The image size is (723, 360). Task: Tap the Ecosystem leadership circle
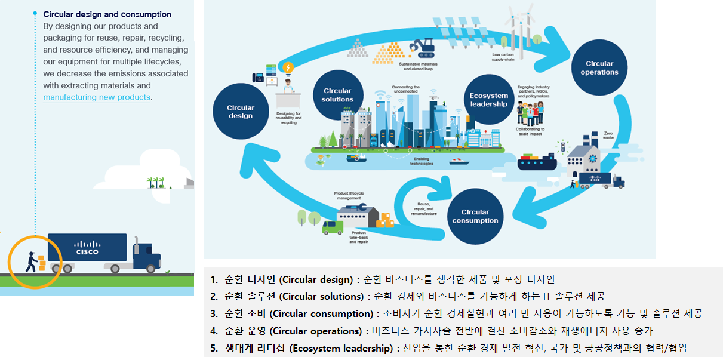[x=488, y=100]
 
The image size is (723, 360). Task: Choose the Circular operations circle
[x=599, y=68]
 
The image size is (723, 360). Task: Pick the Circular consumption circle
[x=475, y=216]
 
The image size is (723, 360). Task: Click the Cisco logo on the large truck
[x=87, y=247]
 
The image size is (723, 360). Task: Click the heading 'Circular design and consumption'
[x=107, y=14]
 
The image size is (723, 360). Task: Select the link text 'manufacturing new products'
[x=97, y=97]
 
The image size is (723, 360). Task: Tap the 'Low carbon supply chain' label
[x=504, y=57]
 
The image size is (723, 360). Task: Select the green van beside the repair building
[x=333, y=227]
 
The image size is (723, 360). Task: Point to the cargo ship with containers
[x=536, y=161]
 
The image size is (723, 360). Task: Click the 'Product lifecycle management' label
[x=349, y=196]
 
